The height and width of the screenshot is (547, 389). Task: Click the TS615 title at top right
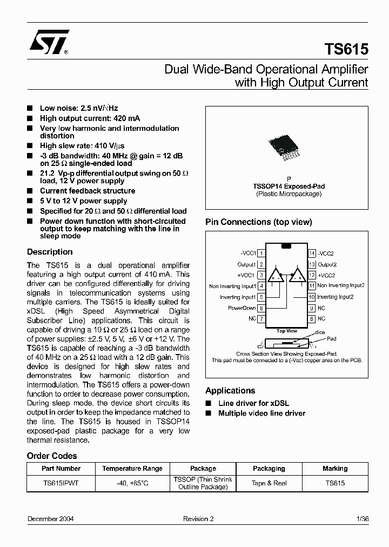click(x=346, y=50)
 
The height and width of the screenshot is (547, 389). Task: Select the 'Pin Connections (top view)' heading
click(x=258, y=222)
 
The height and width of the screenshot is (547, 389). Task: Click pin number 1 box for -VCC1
click(x=261, y=254)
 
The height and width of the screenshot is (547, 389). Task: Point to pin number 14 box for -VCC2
click(x=312, y=254)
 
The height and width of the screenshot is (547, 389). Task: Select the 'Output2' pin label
click(x=327, y=265)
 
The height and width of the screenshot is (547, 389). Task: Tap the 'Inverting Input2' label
click(x=335, y=297)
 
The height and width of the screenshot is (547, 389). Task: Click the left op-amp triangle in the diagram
click(x=277, y=275)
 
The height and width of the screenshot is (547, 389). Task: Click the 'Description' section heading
click(x=50, y=252)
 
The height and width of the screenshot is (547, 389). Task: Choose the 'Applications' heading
click(x=230, y=391)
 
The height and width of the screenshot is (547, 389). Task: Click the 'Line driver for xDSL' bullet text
click(x=253, y=403)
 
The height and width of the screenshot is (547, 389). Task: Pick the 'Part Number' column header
click(x=61, y=469)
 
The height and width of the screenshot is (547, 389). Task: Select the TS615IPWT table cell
click(x=61, y=483)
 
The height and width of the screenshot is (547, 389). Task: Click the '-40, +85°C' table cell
click(x=132, y=483)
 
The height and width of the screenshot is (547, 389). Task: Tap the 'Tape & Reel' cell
click(x=269, y=483)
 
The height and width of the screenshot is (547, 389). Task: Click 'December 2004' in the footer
click(x=51, y=519)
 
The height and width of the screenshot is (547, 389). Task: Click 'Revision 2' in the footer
click(x=198, y=519)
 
